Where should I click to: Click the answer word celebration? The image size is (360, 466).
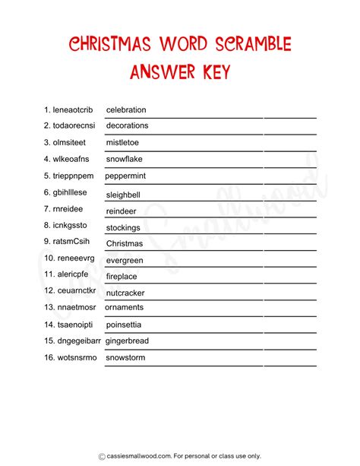(126, 109)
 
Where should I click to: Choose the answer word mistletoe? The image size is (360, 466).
(123, 142)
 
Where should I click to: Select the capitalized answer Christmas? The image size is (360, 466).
(125, 243)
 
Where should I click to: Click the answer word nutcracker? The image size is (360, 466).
(126, 293)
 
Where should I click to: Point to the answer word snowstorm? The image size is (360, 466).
(125, 357)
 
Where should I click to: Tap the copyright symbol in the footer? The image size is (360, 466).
(101, 456)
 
